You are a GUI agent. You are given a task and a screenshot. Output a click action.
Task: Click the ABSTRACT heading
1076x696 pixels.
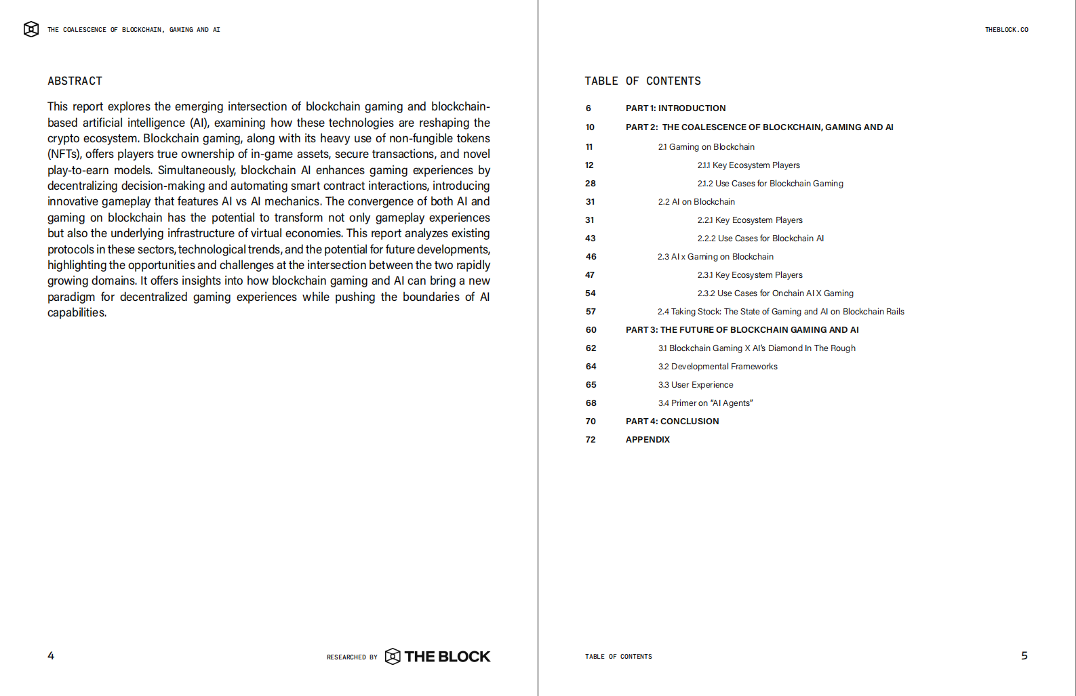75,81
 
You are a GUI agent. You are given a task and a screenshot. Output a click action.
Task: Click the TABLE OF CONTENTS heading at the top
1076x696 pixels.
642,81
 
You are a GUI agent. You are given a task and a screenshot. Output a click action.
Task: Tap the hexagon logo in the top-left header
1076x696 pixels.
31,29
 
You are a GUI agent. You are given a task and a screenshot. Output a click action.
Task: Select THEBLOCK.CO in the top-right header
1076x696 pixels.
1006,30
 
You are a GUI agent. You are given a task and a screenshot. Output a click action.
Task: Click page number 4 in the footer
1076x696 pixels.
51,655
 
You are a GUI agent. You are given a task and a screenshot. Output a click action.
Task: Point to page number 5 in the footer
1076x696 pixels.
1024,655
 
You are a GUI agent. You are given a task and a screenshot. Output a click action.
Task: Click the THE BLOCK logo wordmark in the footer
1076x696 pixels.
447,657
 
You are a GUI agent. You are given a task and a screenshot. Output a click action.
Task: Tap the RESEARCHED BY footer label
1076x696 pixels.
352,657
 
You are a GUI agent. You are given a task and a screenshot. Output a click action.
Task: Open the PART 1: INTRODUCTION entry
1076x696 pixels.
675,108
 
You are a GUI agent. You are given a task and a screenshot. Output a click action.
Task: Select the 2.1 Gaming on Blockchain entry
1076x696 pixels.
706,147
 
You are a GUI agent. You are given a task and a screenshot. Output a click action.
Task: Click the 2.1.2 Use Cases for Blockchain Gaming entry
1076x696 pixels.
770,184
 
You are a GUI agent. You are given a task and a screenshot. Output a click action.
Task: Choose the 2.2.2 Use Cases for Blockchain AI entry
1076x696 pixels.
761,239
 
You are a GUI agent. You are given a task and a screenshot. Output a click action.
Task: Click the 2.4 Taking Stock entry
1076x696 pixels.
780,312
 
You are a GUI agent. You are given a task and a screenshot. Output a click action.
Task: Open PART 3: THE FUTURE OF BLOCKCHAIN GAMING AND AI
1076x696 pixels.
742,330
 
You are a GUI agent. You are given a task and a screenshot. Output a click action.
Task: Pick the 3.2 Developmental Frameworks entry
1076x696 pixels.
717,367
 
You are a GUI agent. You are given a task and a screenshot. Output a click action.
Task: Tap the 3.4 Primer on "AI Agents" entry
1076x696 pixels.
705,403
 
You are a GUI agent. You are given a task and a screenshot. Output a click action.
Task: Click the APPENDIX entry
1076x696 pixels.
647,440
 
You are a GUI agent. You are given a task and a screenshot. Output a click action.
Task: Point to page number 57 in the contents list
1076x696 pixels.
591,312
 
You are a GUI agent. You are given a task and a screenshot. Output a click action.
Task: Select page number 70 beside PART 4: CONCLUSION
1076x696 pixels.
591,422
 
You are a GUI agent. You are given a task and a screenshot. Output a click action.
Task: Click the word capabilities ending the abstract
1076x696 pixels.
76,312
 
